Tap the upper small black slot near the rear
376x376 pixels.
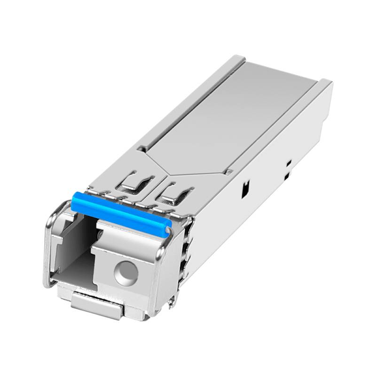point(289,162)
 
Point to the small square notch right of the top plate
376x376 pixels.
point(229,172)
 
